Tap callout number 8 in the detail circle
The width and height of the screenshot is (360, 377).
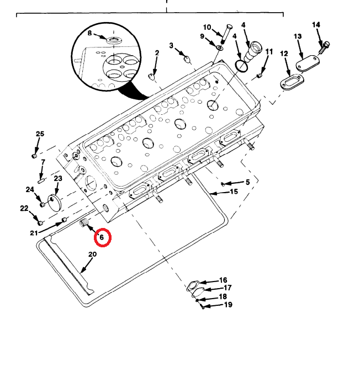click(x=89, y=33)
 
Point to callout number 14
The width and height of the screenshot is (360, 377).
click(x=316, y=25)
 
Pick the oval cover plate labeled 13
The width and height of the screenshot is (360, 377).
click(x=308, y=63)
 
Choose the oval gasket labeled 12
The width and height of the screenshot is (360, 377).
click(x=292, y=82)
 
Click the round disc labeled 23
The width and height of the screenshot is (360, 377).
click(x=55, y=203)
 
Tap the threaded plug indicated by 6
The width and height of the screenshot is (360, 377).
click(x=84, y=224)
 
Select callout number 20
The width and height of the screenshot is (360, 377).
click(x=92, y=254)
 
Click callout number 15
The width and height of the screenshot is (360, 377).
click(x=234, y=192)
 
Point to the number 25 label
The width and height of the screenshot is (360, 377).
click(x=40, y=134)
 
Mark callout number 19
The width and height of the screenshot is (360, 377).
click(x=228, y=305)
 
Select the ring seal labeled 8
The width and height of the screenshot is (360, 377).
click(x=114, y=40)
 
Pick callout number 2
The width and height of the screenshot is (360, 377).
click(x=157, y=53)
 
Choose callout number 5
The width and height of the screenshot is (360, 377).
click(x=248, y=182)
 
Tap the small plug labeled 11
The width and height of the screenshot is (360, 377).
click(x=259, y=76)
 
